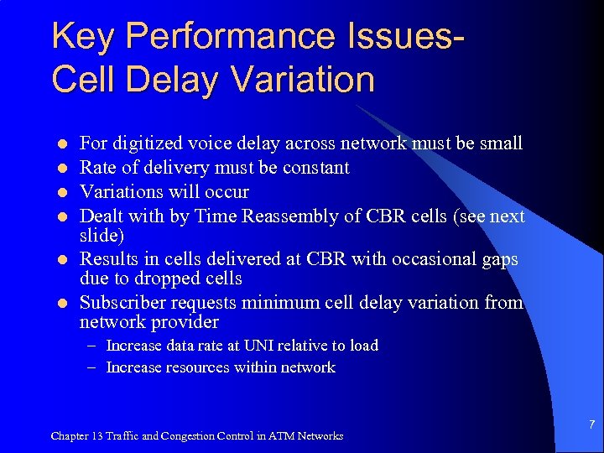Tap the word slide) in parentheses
tap(102, 235)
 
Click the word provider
tap(185, 322)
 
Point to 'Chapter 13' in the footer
tap(77, 435)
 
